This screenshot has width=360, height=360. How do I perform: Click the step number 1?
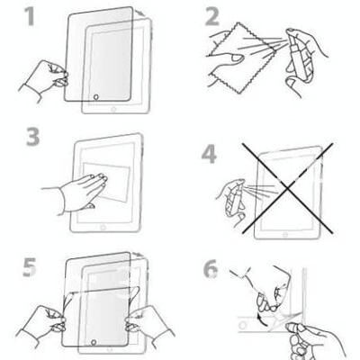click(x=30, y=16)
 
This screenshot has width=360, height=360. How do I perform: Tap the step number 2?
click(x=212, y=16)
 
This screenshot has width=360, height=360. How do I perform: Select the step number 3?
click(x=32, y=137)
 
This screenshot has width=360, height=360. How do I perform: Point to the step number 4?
click(x=209, y=155)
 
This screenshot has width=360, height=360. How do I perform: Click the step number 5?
click(x=30, y=267)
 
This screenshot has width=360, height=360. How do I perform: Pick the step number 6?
click(x=211, y=268)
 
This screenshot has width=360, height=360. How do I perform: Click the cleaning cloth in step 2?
click(x=240, y=57)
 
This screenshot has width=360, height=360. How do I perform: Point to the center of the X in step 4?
click(x=287, y=188)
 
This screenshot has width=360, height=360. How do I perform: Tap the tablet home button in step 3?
click(x=103, y=228)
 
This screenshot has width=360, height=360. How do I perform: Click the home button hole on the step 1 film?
click(x=96, y=96)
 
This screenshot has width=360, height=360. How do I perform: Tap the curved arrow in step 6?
click(x=260, y=319)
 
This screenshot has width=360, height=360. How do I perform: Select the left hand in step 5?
click(x=42, y=322)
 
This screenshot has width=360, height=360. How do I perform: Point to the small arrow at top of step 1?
click(x=140, y=13)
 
